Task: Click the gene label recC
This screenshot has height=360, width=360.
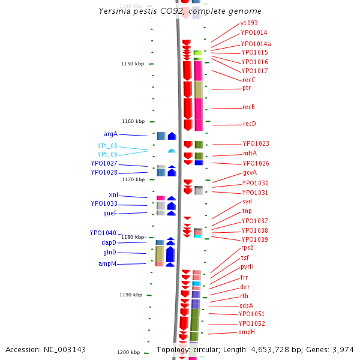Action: point(249,80)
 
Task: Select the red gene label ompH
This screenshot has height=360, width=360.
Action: point(247,332)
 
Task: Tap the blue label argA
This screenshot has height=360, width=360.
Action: point(110,134)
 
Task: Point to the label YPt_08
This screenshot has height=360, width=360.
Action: point(107,146)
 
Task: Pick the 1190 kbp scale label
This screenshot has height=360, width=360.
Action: point(130,295)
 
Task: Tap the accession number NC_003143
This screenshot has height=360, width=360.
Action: point(67,349)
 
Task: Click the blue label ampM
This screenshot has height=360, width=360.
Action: point(108,263)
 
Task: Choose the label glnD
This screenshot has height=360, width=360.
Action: point(110,253)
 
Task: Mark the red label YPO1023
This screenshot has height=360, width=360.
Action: point(256,144)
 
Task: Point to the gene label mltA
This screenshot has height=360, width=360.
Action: point(250,153)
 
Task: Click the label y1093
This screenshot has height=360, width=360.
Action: point(249,23)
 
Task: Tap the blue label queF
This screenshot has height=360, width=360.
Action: point(110,213)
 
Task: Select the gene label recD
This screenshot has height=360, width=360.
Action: point(249,124)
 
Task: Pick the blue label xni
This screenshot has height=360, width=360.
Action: point(113,194)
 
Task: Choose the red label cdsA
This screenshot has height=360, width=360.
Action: point(247,305)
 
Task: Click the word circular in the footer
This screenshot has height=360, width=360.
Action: point(205,349)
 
